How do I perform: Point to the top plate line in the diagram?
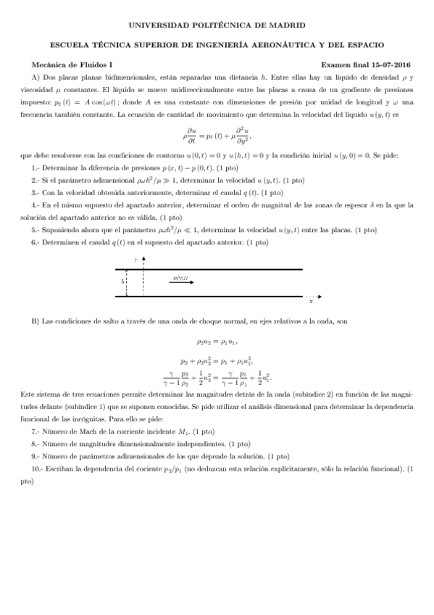tap(217, 270)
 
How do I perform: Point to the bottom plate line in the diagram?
tap(217, 295)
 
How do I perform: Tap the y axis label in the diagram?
tap(134, 259)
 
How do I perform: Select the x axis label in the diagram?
tap(311, 302)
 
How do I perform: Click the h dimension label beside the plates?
tap(122, 282)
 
